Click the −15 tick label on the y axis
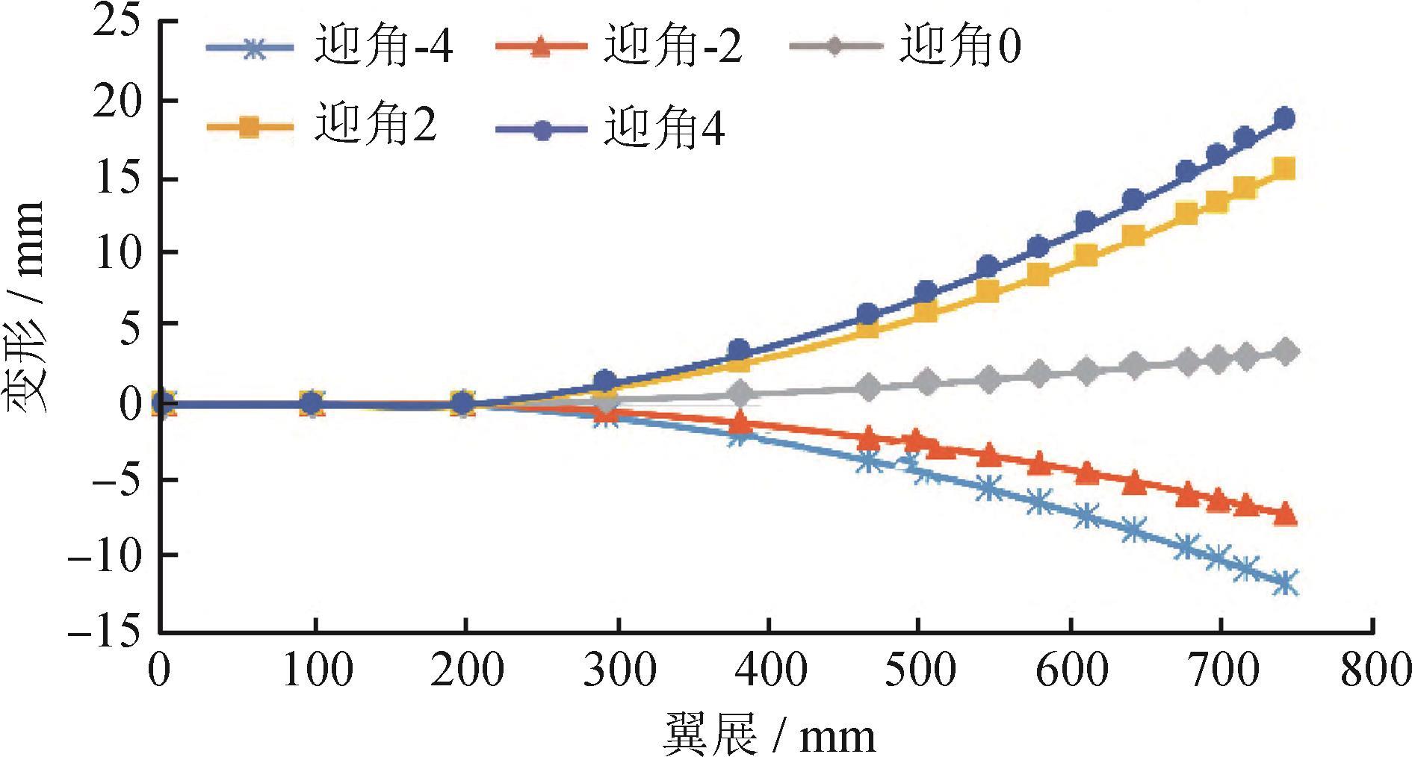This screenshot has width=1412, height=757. pyautogui.click(x=104, y=632)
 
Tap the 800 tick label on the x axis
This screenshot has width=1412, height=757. pyautogui.click(x=1373, y=670)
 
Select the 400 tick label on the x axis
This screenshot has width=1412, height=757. pyautogui.click(x=770, y=670)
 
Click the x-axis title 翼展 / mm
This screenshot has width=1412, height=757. pyautogui.click(x=770, y=735)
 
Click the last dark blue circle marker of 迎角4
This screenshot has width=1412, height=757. pyautogui.click(x=1285, y=118)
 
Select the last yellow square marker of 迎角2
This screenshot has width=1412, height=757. pyautogui.click(x=1284, y=169)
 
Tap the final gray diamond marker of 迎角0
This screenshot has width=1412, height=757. pyautogui.click(x=1286, y=352)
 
